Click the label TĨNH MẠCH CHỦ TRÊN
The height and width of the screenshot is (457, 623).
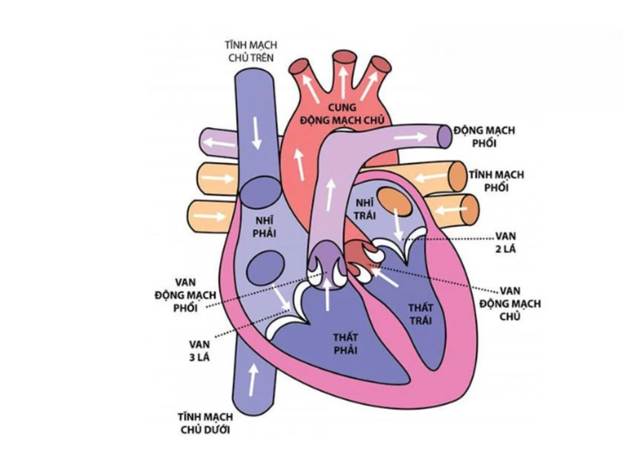(250, 51)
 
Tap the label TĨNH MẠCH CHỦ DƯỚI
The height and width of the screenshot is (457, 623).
(206, 423)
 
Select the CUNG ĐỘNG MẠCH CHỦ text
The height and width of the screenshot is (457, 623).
(342, 113)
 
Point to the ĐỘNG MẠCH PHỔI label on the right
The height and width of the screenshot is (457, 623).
(484, 137)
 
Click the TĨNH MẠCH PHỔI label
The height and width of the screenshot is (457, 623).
(497, 181)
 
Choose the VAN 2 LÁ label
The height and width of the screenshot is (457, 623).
(506, 243)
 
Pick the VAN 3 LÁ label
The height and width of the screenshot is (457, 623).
(199, 350)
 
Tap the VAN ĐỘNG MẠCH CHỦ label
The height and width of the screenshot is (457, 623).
(510, 304)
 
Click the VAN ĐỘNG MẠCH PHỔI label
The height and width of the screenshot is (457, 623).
(186, 295)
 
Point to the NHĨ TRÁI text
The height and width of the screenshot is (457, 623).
(364, 209)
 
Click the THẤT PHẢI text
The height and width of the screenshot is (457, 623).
(345, 344)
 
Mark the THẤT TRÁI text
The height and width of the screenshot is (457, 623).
(421, 314)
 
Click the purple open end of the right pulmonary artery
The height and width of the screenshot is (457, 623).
(445, 137)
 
